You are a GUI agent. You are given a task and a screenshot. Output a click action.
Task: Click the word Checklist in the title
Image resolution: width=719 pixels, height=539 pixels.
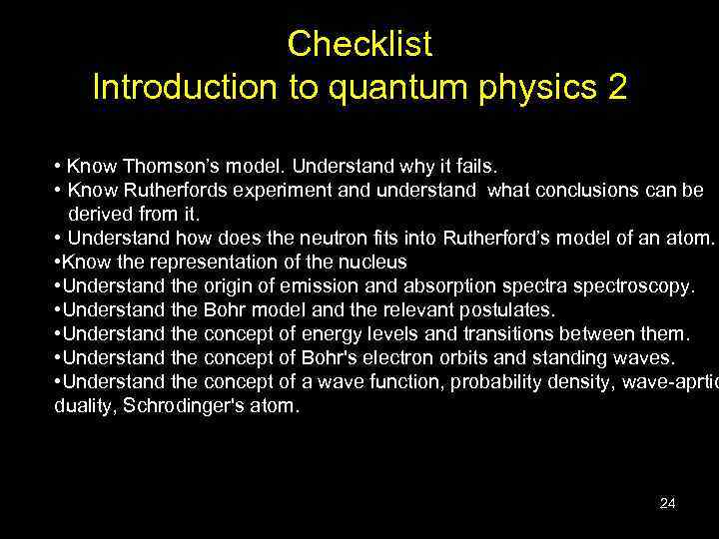(x=359, y=44)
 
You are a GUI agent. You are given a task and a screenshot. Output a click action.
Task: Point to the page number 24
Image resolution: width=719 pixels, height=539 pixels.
(x=667, y=503)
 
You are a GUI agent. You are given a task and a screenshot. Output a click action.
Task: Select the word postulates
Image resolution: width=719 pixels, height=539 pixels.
(x=503, y=310)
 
